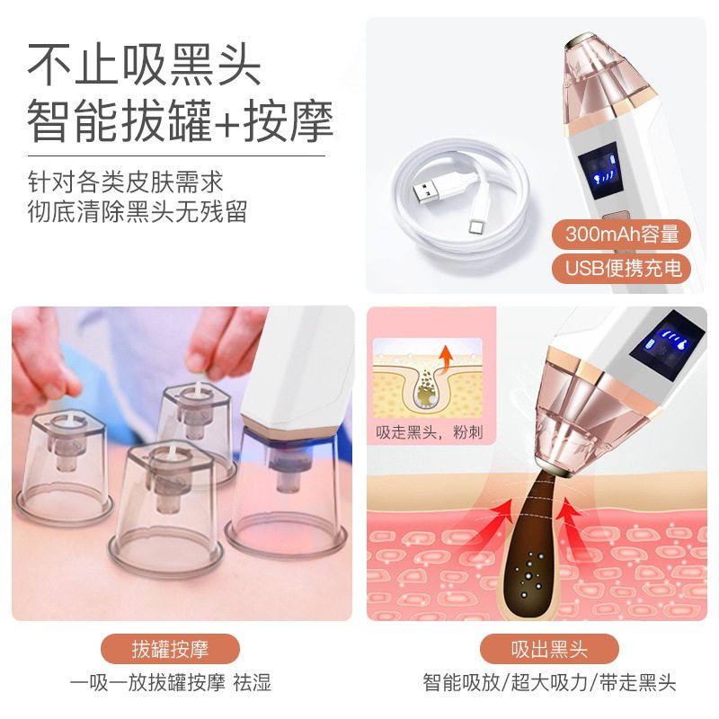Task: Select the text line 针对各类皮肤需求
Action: pos(125,182)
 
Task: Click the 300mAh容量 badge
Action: pos(622,235)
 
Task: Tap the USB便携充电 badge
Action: pos(622,267)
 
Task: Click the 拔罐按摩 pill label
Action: pos(171,648)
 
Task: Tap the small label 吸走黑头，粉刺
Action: pos(429,432)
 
